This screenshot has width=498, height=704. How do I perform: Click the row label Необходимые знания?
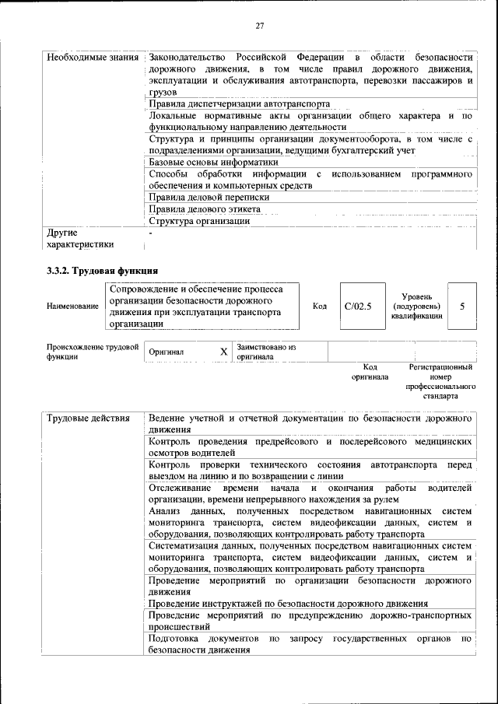pos(93,58)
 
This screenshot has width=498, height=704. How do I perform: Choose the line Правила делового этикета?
pos(204,208)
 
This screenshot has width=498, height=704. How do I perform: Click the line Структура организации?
pos(199,220)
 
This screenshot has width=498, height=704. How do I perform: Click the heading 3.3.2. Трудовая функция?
pos(103,270)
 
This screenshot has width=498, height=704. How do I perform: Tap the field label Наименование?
pos(73,306)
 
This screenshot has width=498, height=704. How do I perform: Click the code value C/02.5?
pos(358,306)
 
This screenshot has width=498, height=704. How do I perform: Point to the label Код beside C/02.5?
pos(319,306)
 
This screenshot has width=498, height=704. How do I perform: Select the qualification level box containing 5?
pos(462,306)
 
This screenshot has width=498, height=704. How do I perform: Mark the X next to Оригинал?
pos(223,352)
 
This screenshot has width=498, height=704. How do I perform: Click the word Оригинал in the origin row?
pos(167,352)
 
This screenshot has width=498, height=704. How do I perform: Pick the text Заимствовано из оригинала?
pos(267,352)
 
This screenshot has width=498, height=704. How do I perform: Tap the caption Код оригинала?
pos(370,371)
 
